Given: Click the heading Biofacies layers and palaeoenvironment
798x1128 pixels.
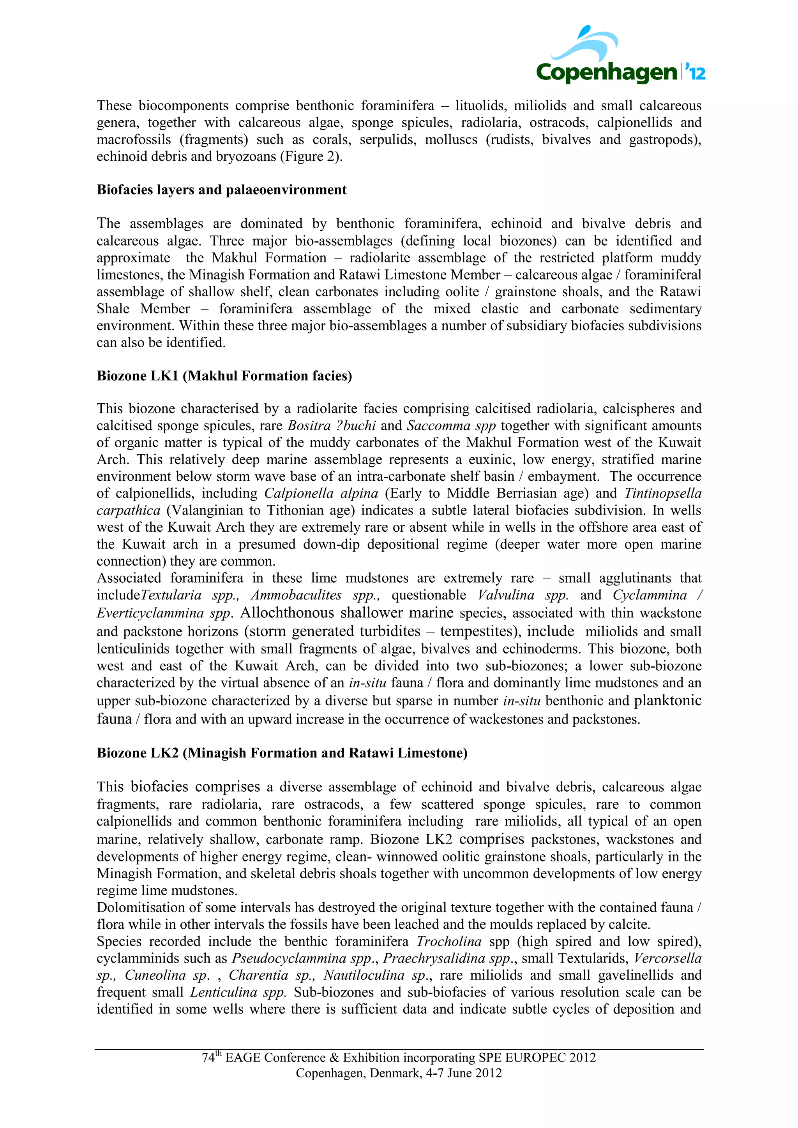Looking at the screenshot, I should (x=221, y=190).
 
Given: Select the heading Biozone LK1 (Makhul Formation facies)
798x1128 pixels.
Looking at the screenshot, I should (x=224, y=376).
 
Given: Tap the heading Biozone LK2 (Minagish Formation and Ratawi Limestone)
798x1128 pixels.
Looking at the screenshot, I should (x=282, y=753).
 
